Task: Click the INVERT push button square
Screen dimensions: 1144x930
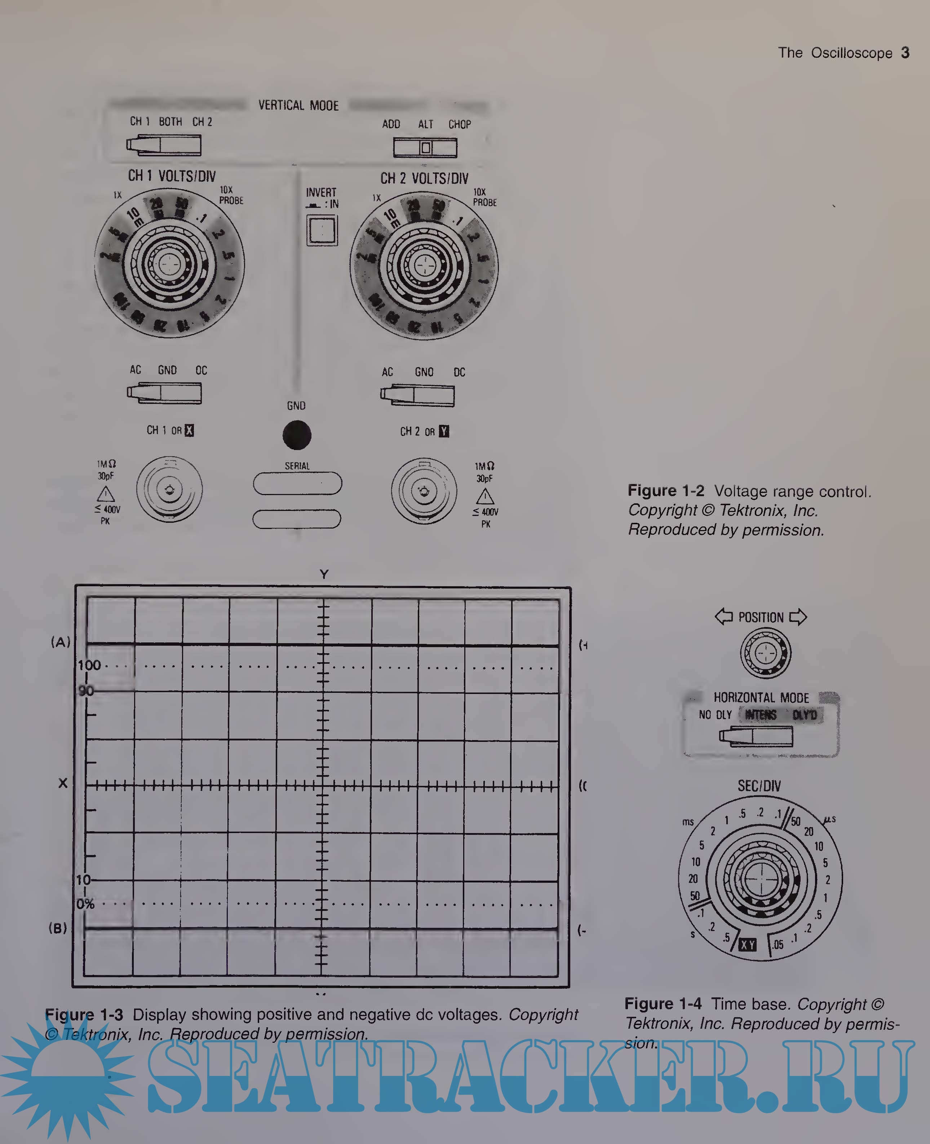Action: click(x=322, y=230)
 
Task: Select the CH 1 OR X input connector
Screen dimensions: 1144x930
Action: click(x=170, y=489)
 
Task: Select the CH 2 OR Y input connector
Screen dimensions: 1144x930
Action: click(x=424, y=491)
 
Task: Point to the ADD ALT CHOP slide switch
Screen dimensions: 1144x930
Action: click(x=425, y=147)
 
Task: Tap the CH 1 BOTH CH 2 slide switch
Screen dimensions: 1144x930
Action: click(x=164, y=145)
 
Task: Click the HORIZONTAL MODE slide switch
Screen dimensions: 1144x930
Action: click(x=756, y=737)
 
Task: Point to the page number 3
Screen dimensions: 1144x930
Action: click(x=905, y=53)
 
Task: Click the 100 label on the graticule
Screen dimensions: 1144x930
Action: click(x=89, y=665)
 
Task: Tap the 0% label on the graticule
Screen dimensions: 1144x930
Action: click(x=85, y=904)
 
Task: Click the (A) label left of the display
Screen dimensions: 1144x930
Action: click(x=61, y=642)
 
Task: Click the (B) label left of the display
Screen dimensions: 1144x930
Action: click(x=58, y=928)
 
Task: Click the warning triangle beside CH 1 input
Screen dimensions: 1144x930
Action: click(x=106, y=493)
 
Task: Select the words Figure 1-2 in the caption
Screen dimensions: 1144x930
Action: click(x=666, y=491)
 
